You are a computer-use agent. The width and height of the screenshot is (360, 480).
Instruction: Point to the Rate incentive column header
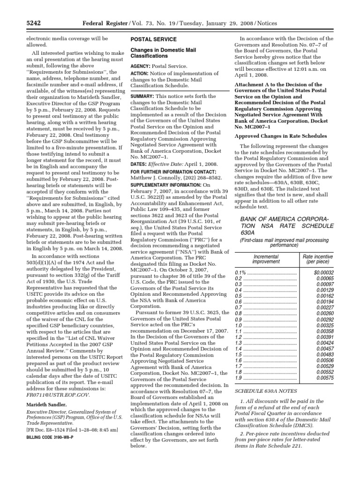(317, 259)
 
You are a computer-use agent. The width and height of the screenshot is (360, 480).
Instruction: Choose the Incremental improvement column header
(266, 259)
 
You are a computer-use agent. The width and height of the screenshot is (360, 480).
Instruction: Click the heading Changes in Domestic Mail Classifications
(163, 52)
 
